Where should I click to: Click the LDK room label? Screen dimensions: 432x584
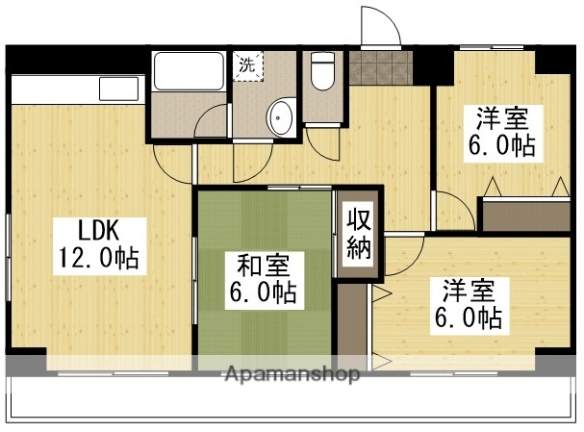click(98, 232)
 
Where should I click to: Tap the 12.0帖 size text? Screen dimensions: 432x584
click(98, 258)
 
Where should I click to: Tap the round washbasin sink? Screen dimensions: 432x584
click(282, 117)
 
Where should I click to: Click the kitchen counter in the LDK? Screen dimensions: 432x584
click(77, 91)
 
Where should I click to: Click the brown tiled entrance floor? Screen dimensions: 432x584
click(380, 69)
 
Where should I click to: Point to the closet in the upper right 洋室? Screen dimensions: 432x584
click(524, 213)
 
